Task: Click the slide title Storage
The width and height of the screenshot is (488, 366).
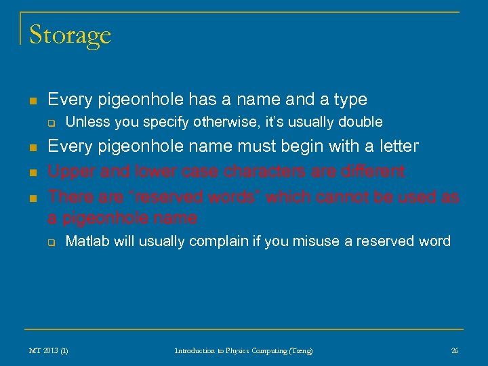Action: click(70, 35)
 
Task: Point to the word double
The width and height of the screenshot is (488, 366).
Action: click(361, 122)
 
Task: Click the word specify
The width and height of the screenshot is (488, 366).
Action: click(164, 122)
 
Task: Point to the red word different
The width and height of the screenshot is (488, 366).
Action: click(371, 171)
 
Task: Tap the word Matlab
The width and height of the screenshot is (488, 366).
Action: click(87, 241)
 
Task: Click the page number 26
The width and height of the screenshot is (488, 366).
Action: click(454, 350)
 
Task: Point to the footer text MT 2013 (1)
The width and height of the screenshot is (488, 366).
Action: click(48, 350)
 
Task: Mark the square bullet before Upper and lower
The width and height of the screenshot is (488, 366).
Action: click(32, 172)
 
